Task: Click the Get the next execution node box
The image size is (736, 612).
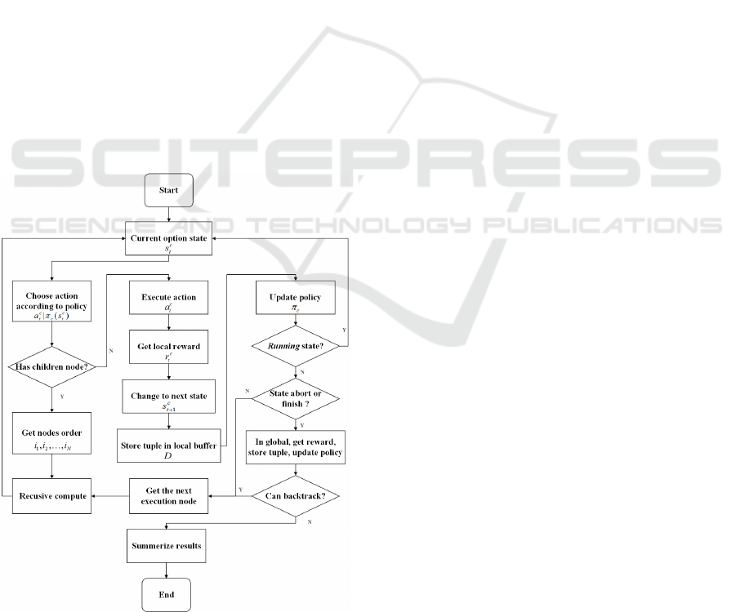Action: coord(168,495)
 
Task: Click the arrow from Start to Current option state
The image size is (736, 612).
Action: coord(168,215)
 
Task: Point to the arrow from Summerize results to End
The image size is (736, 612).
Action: coord(168,570)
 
